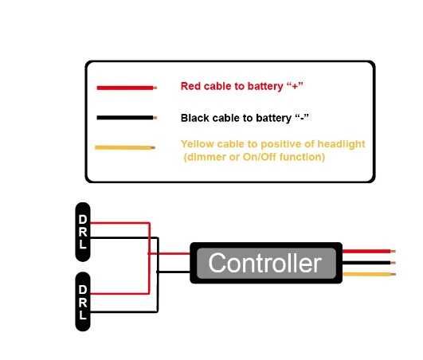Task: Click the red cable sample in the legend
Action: [x=124, y=87]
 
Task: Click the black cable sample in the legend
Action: [x=124, y=118]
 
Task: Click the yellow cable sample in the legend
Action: [x=123, y=147]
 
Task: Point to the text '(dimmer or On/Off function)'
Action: [x=253, y=157]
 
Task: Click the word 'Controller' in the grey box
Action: [x=264, y=263]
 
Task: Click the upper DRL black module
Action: [x=83, y=232]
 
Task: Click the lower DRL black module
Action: [x=83, y=302]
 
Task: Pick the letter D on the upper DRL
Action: [x=83, y=218]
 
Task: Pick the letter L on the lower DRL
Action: [x=83, y=315]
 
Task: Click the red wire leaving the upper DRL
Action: [x=119, y=224]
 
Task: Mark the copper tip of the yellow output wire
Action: [x=392, y=274]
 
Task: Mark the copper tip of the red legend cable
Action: [x=156, y=87]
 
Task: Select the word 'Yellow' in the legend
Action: [x=196, y=144]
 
